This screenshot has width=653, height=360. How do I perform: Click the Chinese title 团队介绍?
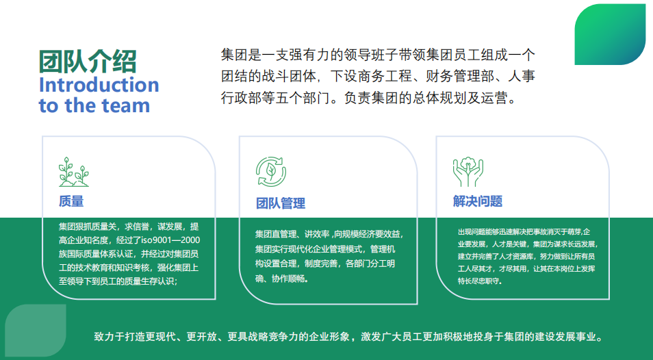point(88,62)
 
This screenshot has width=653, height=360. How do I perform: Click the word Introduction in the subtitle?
point(99,85)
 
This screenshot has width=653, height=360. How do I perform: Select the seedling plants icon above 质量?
point(74,172)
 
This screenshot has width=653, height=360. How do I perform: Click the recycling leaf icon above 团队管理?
point(271,172)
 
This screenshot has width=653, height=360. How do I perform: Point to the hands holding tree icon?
point(468,172)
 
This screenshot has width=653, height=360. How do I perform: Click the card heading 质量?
point(71,201)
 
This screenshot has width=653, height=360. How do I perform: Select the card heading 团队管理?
point(281,203)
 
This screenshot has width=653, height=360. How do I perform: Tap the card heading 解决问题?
point(478,201)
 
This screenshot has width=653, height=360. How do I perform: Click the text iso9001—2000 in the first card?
point(170,240)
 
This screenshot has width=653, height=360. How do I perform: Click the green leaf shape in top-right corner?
point(610,34)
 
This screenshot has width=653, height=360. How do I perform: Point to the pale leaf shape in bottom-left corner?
point(36,330)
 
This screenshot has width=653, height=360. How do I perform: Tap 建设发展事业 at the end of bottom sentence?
point(566,336)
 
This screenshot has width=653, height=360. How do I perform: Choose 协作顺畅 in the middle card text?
point(288,279)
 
